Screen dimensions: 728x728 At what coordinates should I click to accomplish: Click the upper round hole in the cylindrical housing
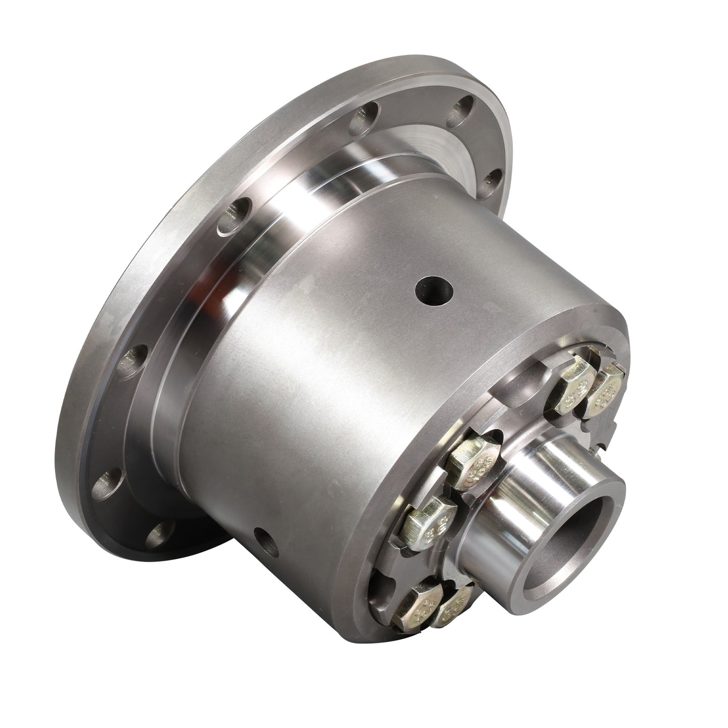[x=434, y=292]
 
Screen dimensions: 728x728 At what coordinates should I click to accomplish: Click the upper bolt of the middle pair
[x=474, y=460]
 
